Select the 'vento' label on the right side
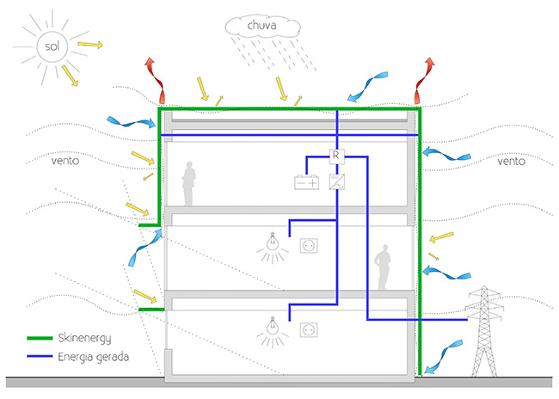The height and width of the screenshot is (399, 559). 514,161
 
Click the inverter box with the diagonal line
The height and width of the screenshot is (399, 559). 337,181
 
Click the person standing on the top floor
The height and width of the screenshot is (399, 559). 188,186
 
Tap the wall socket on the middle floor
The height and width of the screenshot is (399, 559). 308,246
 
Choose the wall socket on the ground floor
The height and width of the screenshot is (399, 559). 308,328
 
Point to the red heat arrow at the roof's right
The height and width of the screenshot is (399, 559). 424,78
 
